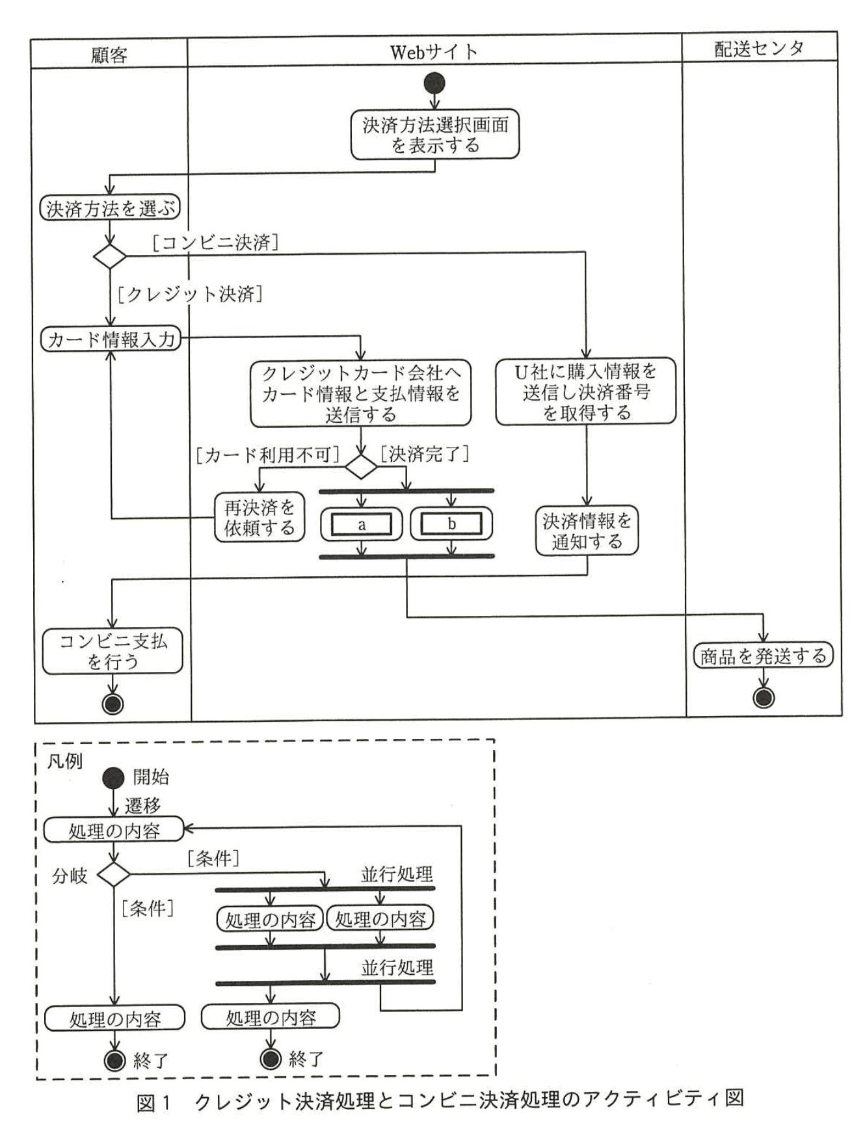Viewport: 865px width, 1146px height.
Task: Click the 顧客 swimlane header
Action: [109, 55]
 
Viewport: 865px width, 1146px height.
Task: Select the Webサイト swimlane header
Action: [434, 51]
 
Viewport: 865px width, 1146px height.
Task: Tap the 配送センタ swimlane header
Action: [759, 48]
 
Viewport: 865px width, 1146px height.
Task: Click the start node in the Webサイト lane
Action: [434, 83]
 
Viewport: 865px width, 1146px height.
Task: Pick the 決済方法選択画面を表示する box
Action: [435, 134]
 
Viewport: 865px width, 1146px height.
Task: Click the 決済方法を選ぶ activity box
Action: [110, 209]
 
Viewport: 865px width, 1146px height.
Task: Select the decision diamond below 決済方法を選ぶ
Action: [110, 256]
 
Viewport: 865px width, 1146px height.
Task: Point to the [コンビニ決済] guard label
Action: [215, 243]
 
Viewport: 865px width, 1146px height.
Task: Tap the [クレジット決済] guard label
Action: [190, 294]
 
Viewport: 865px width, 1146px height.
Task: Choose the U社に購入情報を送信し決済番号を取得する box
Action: [586, 392]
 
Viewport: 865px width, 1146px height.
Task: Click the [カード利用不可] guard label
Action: [267, 455]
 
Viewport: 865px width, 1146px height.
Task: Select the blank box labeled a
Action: [362, 524]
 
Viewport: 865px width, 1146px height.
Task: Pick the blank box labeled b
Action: [451, 524]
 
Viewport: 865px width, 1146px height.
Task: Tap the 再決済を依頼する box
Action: [259, 518]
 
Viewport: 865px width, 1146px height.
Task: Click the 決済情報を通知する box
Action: [587, 531]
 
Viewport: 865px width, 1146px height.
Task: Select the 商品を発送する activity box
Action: [763, 656]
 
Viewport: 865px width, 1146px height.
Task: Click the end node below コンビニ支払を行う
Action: [113, 704]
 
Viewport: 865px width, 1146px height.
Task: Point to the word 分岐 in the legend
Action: [70, 876]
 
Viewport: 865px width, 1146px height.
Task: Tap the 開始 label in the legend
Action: [151, 777]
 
